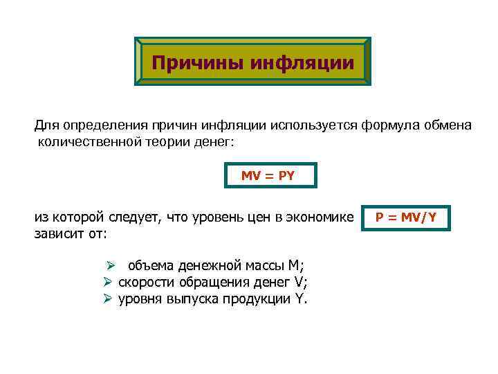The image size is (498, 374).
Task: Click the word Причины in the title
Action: click(188, 64)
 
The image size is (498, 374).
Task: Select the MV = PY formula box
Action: click(271, 175)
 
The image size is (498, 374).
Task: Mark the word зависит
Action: click(60, 235)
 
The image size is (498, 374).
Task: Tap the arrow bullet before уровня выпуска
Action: click(108, 300)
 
